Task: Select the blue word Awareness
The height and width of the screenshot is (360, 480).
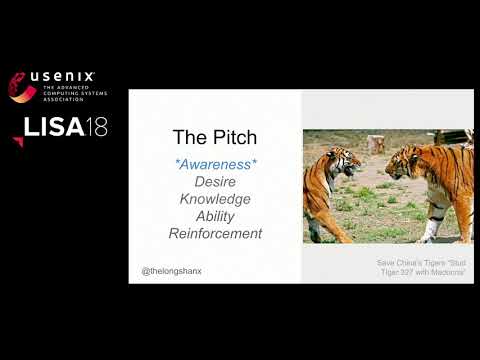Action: [x=215, y=162]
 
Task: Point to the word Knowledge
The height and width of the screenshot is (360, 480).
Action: [x=215, y=198]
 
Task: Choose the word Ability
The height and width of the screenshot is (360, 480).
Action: [x=215, y=216]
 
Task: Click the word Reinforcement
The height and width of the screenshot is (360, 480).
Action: [x=215, y=234]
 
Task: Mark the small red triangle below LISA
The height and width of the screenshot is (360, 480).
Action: [x=18, y=142]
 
